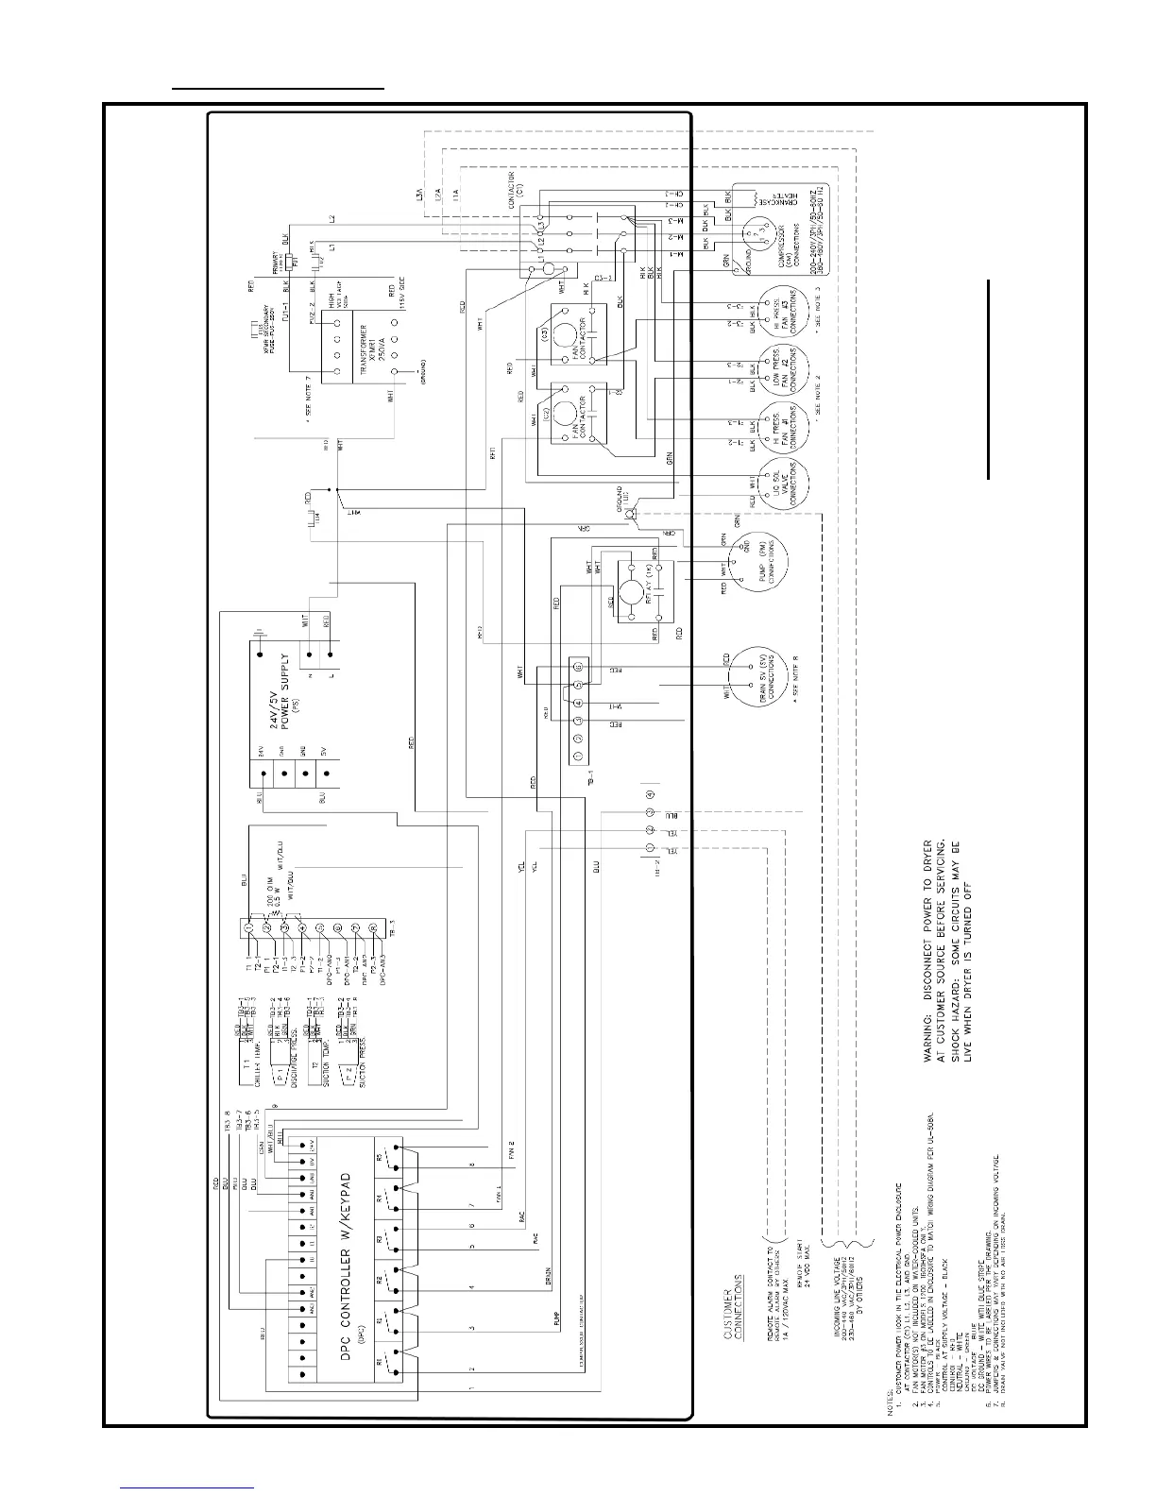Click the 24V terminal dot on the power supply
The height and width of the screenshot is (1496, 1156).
[256, 772]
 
